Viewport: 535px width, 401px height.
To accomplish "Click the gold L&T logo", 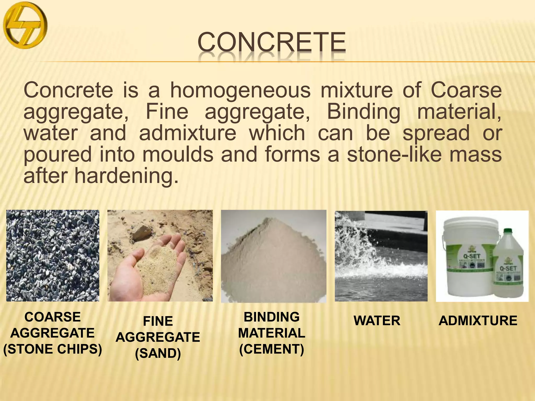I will tap(25, 25).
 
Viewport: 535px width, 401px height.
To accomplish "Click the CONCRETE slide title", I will tap(272, 42).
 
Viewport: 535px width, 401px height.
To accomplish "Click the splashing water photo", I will tap(381, 256).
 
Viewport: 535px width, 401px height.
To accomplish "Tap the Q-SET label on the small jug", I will tap(508, 268).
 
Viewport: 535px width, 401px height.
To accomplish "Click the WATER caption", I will tap(377, 321).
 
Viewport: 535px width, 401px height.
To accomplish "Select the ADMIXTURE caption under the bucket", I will tap(478, 321).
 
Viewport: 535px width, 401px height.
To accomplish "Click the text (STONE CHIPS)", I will tap(53, 349).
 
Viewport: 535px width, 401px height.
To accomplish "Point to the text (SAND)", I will tap(158, 353).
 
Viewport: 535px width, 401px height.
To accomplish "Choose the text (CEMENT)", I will tap(272, 349).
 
